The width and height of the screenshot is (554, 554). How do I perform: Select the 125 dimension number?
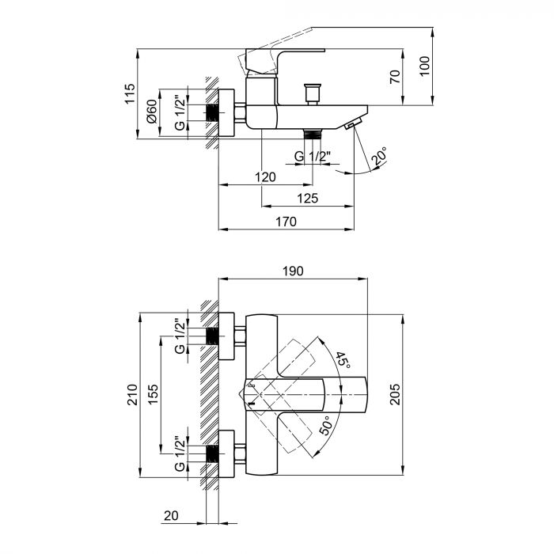[307, 199]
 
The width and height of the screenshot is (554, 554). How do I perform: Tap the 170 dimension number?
[285, 222]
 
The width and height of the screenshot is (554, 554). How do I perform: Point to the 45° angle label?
[342, 361]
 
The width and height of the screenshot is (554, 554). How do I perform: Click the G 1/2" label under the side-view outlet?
[311, 157]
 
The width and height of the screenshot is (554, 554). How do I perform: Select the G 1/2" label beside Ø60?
[180, 113]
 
